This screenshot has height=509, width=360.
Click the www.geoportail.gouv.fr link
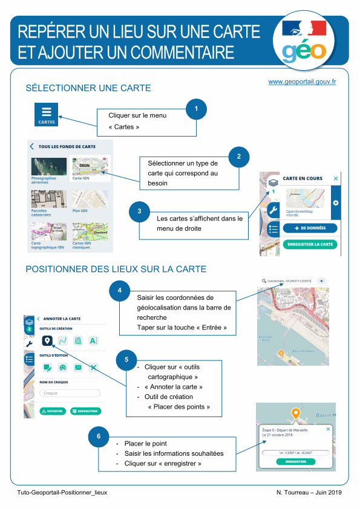click(x=302, y=81)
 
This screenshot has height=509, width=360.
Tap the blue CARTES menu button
click(x=47, y=114)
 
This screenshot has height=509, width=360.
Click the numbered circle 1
click(x=197, y=109)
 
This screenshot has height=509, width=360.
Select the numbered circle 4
click(x=119, y=291)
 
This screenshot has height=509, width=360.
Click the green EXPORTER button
click(x=53, y=411)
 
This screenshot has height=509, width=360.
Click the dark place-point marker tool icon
click(x=47, y=341)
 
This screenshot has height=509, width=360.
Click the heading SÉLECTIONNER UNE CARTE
click(x=88, y=88)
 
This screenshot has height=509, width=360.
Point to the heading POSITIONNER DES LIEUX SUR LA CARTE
click(x=116, y=269)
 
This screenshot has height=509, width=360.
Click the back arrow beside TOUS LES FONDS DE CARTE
click(x=32, y=146)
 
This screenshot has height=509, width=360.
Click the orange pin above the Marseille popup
click(x=295, y=415)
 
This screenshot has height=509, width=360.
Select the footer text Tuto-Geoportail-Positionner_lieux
click(x=62, y=493)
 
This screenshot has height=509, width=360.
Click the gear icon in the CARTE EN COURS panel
click(x=336, y=202)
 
